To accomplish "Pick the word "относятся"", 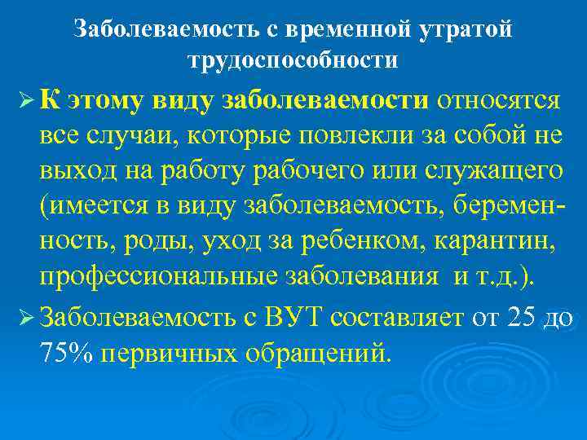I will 498,101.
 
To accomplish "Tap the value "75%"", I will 64,351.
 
